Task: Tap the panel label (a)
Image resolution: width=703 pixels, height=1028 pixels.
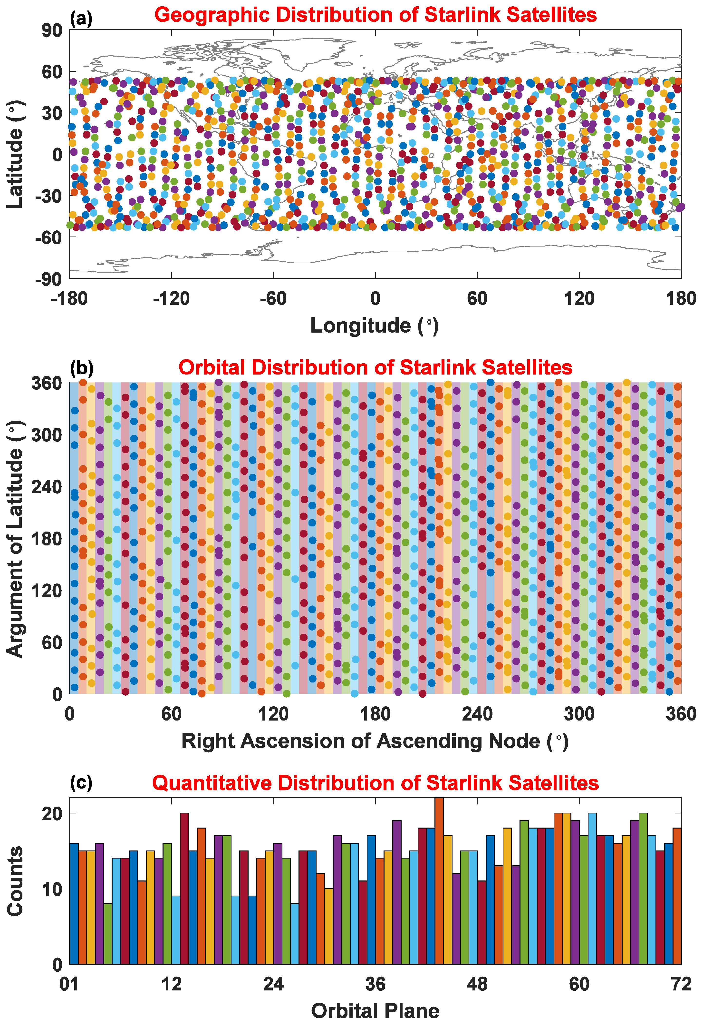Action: pyautogui.click(x=81, y=19)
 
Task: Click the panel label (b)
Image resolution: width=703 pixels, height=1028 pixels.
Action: pyautogui.click(x=81, y=367)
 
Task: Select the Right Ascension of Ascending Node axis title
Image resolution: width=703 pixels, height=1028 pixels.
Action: pyautogui.click(x=375, y=741)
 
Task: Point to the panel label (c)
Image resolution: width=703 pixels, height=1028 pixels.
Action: pyautogui.click(x=81, y=782)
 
